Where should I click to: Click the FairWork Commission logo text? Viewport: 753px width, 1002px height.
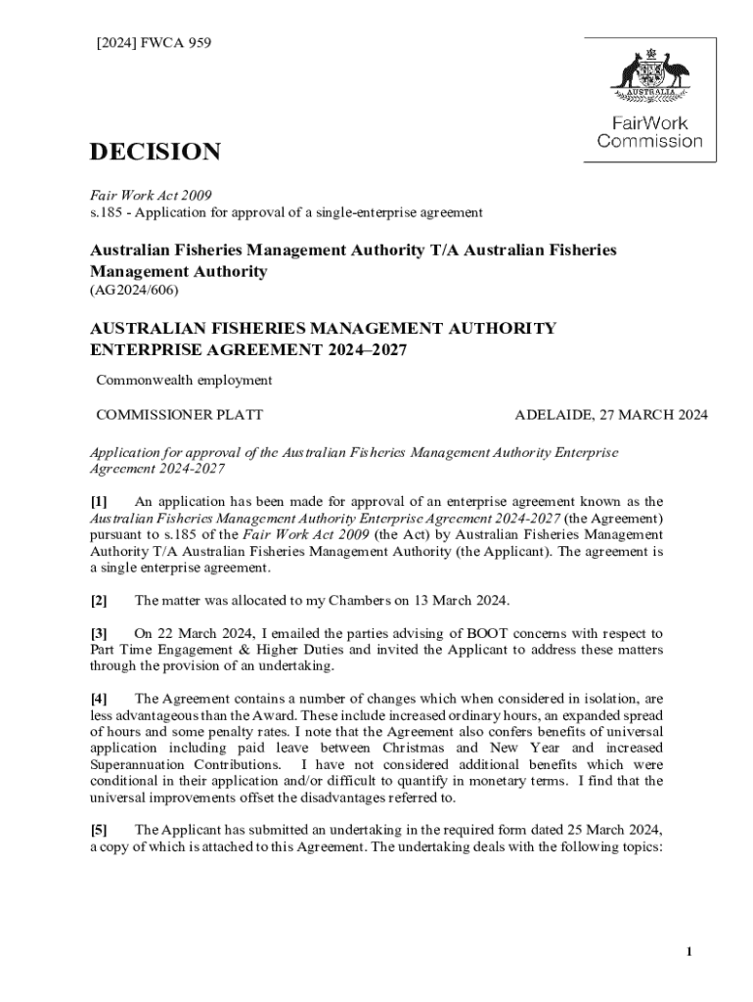click(x=649, y=132)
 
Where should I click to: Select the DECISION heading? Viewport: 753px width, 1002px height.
click(x=155, y=153)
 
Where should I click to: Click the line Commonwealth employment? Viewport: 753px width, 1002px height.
click(x=184, y=380)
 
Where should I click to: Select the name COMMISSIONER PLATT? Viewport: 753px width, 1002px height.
click(x=179, y=415)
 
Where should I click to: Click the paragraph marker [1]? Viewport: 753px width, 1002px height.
click(x=99, y=502)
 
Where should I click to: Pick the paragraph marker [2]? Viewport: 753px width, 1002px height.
click(x=99, y=600)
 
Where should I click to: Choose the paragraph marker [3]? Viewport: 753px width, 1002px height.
click(x=99, y=634)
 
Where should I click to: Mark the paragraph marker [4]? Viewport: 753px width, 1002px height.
click(x=99, y=699)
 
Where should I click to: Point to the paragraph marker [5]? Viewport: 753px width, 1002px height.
click(x=99, y=831)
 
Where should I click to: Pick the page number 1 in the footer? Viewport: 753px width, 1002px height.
click(x=689, y=952)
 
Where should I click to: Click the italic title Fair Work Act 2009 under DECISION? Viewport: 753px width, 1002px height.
click(x=151, y=196)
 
